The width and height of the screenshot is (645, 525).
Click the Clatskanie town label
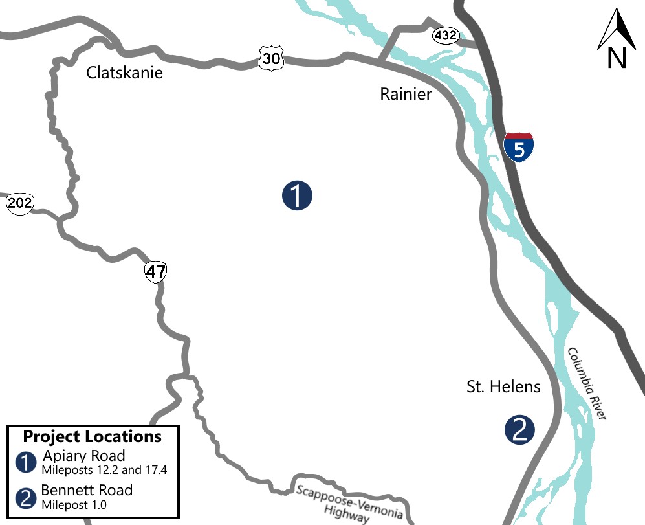[x=125, y=73]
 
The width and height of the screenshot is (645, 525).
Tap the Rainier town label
[x=406, y=95]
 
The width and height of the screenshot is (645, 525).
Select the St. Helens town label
[x=503, y=387]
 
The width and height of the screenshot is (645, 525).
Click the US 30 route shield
[x=271, y=58]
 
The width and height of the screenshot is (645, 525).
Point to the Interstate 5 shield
[x=519, y=147]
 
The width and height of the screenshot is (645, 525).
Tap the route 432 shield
[x=446, y=36]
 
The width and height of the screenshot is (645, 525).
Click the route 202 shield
[x=19, y=203]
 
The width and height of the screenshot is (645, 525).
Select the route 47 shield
[x=155, y=272]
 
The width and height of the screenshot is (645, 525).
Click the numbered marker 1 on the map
[x=297, y=195]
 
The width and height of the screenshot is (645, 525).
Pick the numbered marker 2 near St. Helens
[x=519, y=430]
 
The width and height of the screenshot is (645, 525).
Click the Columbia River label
[x=586, y=383]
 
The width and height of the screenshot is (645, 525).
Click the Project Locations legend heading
[x=93, y=436]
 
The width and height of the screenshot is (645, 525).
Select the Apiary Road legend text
[x=83, y=455]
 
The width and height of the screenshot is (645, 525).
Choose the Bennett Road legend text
[x=87, y=490]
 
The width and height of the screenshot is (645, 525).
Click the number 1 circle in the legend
[x=26, y=462]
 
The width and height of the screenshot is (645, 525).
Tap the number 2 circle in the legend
[x=26, y=497]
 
